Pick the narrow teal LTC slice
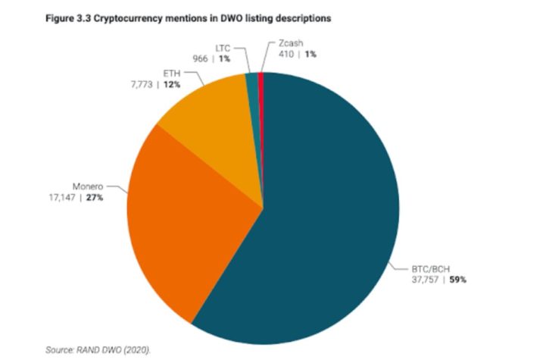254,99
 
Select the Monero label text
87,186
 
